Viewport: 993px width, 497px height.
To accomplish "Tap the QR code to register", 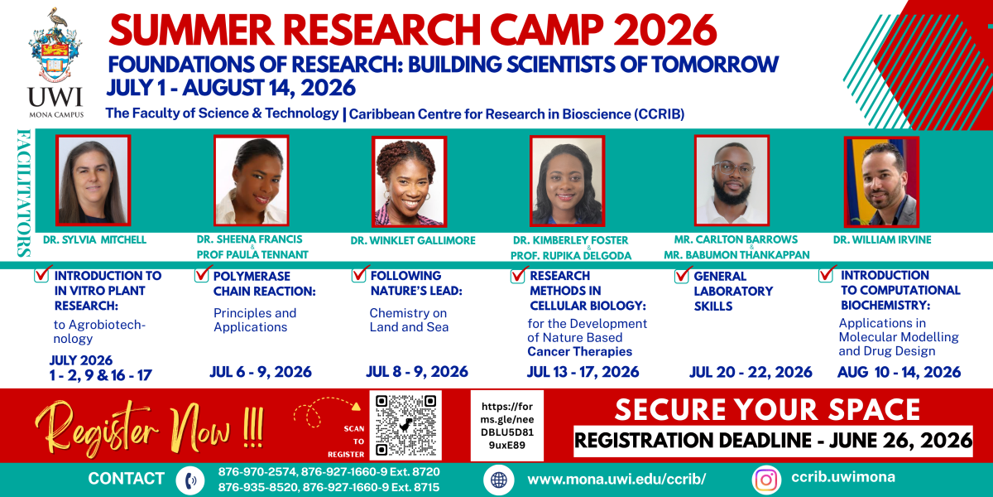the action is coord(405,426).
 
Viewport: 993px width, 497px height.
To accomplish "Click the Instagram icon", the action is coord(766,480).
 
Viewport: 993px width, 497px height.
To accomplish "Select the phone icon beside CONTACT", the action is coord(190,480).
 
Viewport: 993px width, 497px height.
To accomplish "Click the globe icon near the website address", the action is coord(499,480).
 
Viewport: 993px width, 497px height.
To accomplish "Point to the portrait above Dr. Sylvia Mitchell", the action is coord(93,181).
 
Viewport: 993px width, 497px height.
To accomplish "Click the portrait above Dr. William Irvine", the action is coord(882,181).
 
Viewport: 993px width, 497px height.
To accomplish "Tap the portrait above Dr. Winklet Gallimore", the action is coord(409,181).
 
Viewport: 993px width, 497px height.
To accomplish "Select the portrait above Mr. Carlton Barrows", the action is coord(732,181).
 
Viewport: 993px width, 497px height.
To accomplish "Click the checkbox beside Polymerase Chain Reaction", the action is coord(201,274).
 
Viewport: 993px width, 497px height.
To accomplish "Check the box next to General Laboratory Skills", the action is coord(682,275).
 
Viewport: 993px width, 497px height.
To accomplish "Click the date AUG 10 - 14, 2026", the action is coord(899,372).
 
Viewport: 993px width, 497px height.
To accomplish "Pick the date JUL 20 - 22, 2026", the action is coord(751,372).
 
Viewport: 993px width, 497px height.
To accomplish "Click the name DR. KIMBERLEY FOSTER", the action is coord(570,240).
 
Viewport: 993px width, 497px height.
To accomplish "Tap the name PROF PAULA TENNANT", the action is coord(252,255).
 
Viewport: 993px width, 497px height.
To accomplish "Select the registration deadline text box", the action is coord(773,441).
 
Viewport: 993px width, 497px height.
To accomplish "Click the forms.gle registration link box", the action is coord(507,426).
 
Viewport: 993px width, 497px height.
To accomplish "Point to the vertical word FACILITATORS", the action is coord(23,193).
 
